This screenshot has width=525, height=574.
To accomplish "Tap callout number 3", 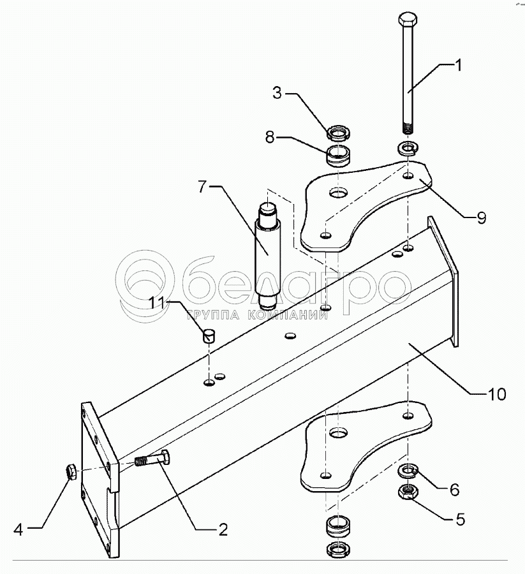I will pos(276,93).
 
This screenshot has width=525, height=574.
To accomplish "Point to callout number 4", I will pos(18,529).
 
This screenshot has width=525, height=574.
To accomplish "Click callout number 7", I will pos(202,188).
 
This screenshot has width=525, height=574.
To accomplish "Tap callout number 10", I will pos(497,394).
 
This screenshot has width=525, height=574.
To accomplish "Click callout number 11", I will pos(156,304).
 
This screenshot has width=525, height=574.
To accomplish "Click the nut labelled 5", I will pos(406,492).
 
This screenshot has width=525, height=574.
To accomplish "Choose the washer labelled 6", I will pos(406,472).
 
